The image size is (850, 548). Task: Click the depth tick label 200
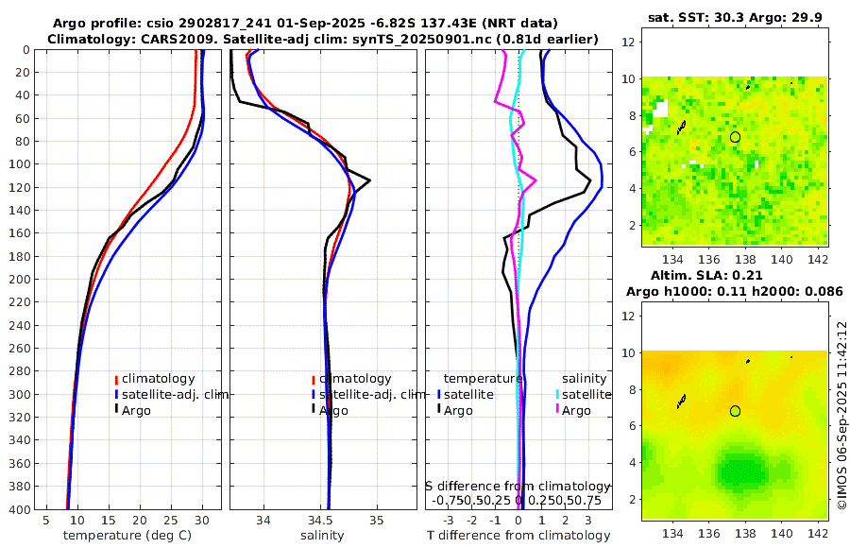click(x=20, y=280)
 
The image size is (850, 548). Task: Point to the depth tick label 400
click(x=20, y=509)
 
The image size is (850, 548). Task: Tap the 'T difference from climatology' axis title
click(x=518, y=536)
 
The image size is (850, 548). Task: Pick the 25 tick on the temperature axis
click(x=171, y=521)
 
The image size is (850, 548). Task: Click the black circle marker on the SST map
click(x=735, y=137)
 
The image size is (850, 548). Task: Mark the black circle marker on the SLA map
click(x=735, y=411)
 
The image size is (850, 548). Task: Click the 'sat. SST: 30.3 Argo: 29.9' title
click(x=735, y=17)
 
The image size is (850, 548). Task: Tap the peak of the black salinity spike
click(x=369, y=180)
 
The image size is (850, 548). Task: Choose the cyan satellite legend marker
click(x=557, y=394)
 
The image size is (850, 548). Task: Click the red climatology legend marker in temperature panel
click(x=116, y=379)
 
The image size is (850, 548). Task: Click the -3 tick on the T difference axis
click(x=447, y=521)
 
